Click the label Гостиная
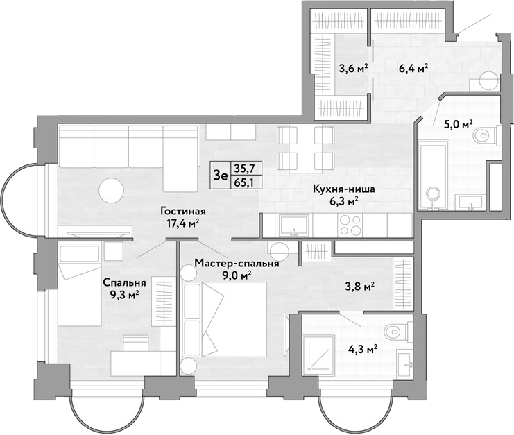pyautogui.click(x=183, y=212)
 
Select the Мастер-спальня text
pyautogui.click(x=237, y=263)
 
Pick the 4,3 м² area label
pyautogui.click(x=362, y=350)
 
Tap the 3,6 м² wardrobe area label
pyautogui.click(x=353, y=69)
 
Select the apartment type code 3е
pyautogui.click(x=221, y=176)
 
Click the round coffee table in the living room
pyautogui.click(x=112, y=190)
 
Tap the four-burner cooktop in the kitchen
pyautogui.click(x=351, y=225)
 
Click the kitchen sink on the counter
pyautogui.click(x=293, y=225)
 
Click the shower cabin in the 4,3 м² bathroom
pyautogui.click(x=319, y=354)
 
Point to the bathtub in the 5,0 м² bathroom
pyautogui.click(x=434, y=175)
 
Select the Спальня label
pyautogui.click(x=124, y=282)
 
